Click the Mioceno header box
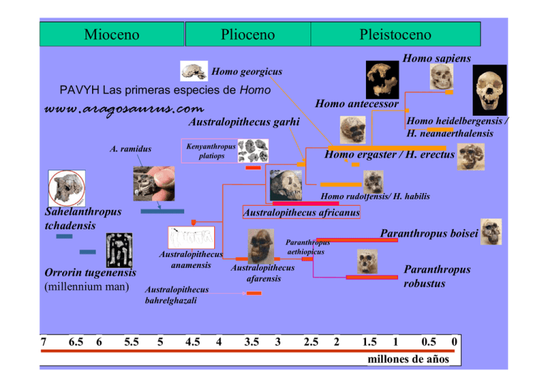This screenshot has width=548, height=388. pos(111,34)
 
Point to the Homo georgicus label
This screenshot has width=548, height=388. pos(247,72)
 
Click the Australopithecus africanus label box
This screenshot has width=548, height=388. pos(301,212)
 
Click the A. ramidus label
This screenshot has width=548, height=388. pos(131,149)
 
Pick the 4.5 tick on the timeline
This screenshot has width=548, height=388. pos(192,342)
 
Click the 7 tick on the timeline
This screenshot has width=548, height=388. pos(44,342)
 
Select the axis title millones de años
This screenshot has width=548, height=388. pos(407,359)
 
